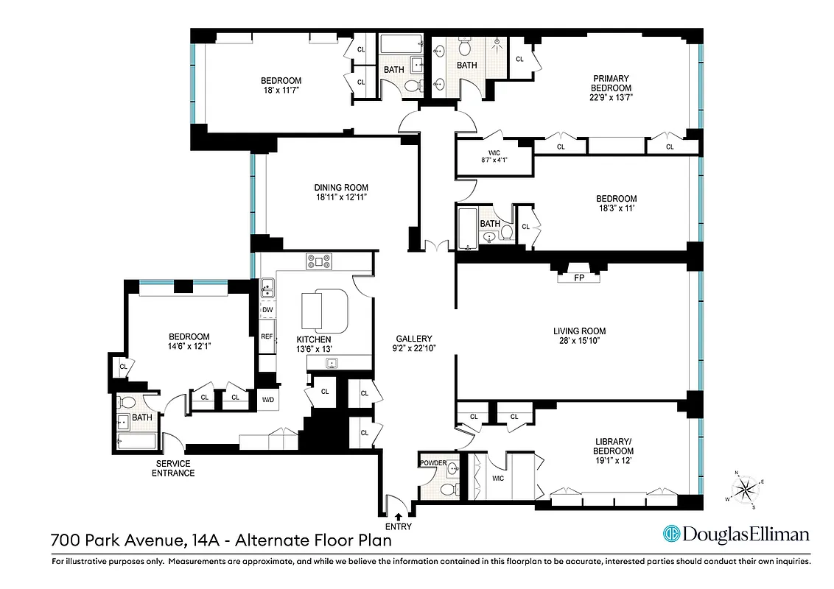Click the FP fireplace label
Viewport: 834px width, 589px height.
tap(580, 278)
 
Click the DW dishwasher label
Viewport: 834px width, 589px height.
tap(267, 310)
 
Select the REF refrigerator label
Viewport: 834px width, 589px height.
tap(267, 336)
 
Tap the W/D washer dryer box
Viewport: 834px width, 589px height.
tap(267, 398)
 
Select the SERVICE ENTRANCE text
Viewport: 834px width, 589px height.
tap(173, 468)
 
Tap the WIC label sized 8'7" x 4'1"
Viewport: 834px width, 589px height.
tap(494, 157)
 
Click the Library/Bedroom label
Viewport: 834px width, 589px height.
tap(614, 446)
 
